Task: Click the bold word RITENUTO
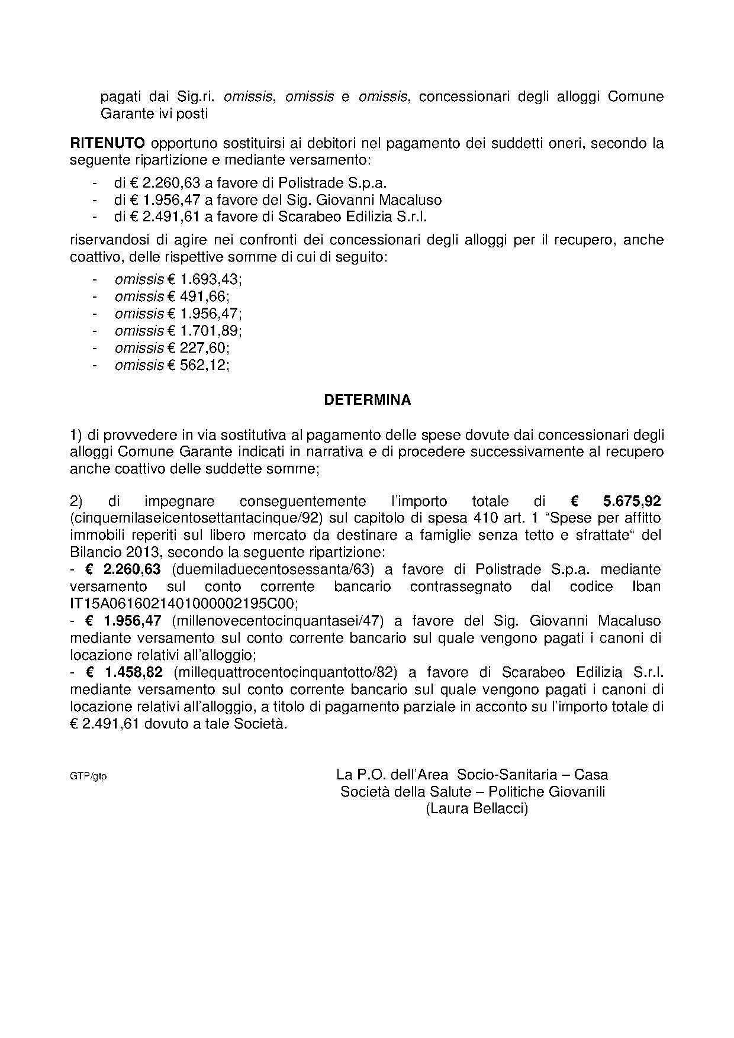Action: tap(107, 143)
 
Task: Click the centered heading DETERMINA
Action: tap(367, 400)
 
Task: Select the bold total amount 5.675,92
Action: tap(632, 501)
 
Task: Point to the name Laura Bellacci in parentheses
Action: tap(477, 808)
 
